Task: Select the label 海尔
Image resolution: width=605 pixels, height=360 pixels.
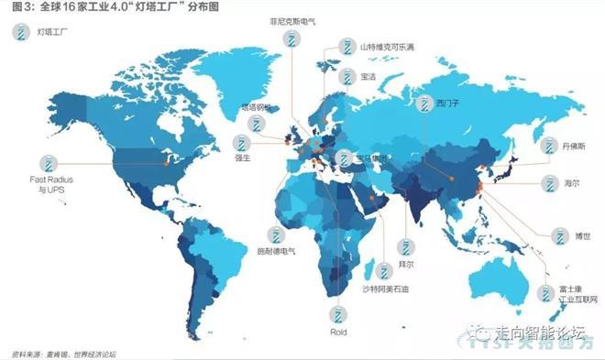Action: pyautogui.click(x=571, y=183)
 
